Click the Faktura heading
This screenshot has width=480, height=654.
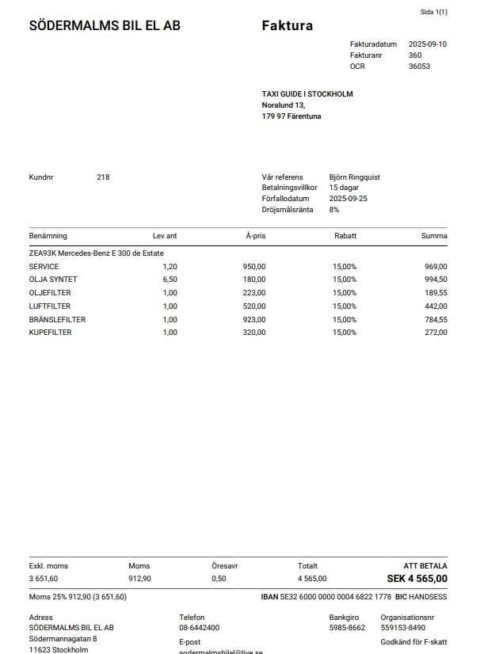click(x=287, y=26)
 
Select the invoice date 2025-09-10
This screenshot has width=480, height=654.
click(x=428, y=44)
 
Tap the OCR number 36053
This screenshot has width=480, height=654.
click(x=419, y=67)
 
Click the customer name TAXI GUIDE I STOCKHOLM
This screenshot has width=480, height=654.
click(x=307, y=94)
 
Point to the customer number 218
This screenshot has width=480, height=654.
click(x=103, y=177)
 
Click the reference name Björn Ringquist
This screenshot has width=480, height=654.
click(x=356, y=177)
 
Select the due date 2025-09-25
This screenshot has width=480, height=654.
click(x=349, y=199)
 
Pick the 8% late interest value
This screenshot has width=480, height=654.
click(x=334, y=210)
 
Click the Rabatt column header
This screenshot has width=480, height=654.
click(x=345, y=236)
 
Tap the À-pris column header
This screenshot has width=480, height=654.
click(x=255, y=236)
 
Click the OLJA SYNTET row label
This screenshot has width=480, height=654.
click(x=53, y=279)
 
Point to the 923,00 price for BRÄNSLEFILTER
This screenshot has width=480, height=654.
click(x=254, y=320)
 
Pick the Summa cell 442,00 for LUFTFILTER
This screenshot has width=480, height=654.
click(x=436, y=306)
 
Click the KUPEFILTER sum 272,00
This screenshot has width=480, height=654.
click(x=436, y=333)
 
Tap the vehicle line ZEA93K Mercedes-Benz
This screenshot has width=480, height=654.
click(x=96, y=253)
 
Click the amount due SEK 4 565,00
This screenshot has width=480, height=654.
click(x=417, y=579)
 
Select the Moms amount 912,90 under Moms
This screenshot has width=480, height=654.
click(x=139, y=579)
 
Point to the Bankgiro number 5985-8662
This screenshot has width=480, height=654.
click(x=347, y=628)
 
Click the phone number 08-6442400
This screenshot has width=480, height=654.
click(x=199, y=628)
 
